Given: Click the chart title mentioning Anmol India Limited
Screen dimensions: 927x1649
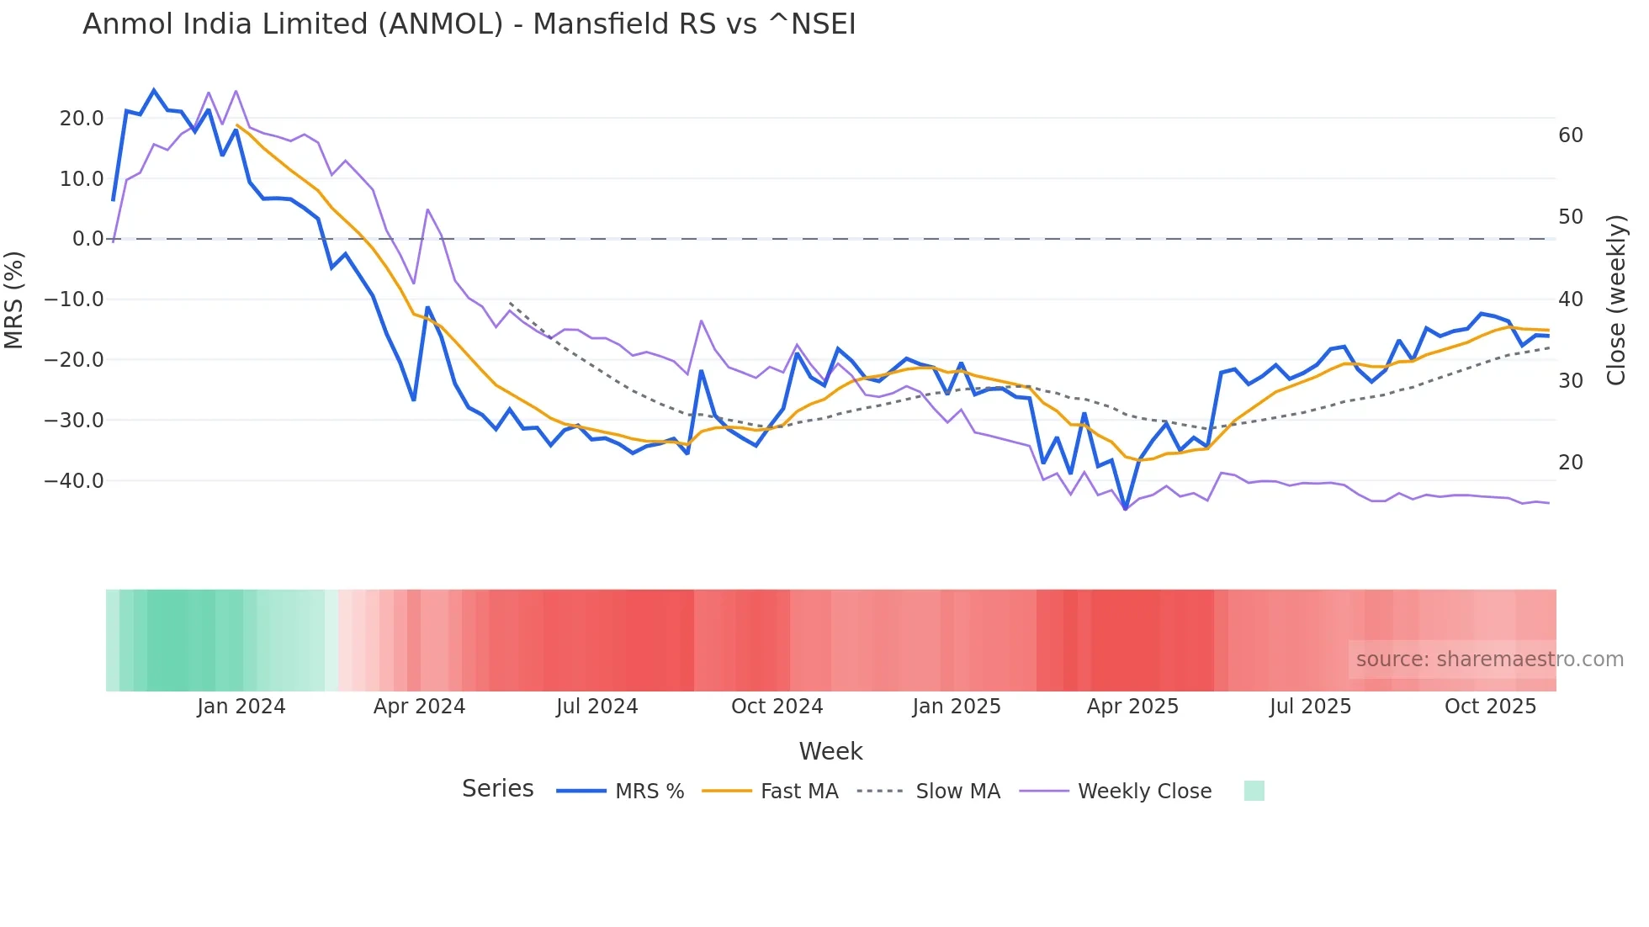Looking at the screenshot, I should tap(469, 24).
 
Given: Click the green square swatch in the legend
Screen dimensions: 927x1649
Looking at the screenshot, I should tap(1254, 791).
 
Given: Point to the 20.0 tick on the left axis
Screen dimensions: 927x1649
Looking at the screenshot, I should tap(82, 119).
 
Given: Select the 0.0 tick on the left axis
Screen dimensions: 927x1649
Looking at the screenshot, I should tap(87, 239).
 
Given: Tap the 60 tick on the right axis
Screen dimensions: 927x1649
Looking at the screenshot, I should tap(1570, 135).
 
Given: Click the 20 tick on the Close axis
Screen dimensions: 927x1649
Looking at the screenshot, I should tap(1570, 463).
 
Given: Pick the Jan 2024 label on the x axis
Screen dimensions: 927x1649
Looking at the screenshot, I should tap(241, 707).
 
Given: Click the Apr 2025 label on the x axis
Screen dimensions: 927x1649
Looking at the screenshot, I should tap(1132, 707).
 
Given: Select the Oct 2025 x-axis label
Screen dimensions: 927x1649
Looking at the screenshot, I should tap(1490, 707).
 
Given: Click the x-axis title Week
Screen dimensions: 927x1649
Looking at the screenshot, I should tap(830, 751).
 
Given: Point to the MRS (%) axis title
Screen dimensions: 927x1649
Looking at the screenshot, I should tap(14, 299).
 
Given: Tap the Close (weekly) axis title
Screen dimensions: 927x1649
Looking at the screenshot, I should tap(1615, 299).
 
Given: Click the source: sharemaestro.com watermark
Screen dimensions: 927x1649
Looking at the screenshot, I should tap(1489, 659).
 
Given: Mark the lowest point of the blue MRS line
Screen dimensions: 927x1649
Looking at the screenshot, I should tap(1126, 509).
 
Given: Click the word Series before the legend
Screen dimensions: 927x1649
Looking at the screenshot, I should tap(497, 789).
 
